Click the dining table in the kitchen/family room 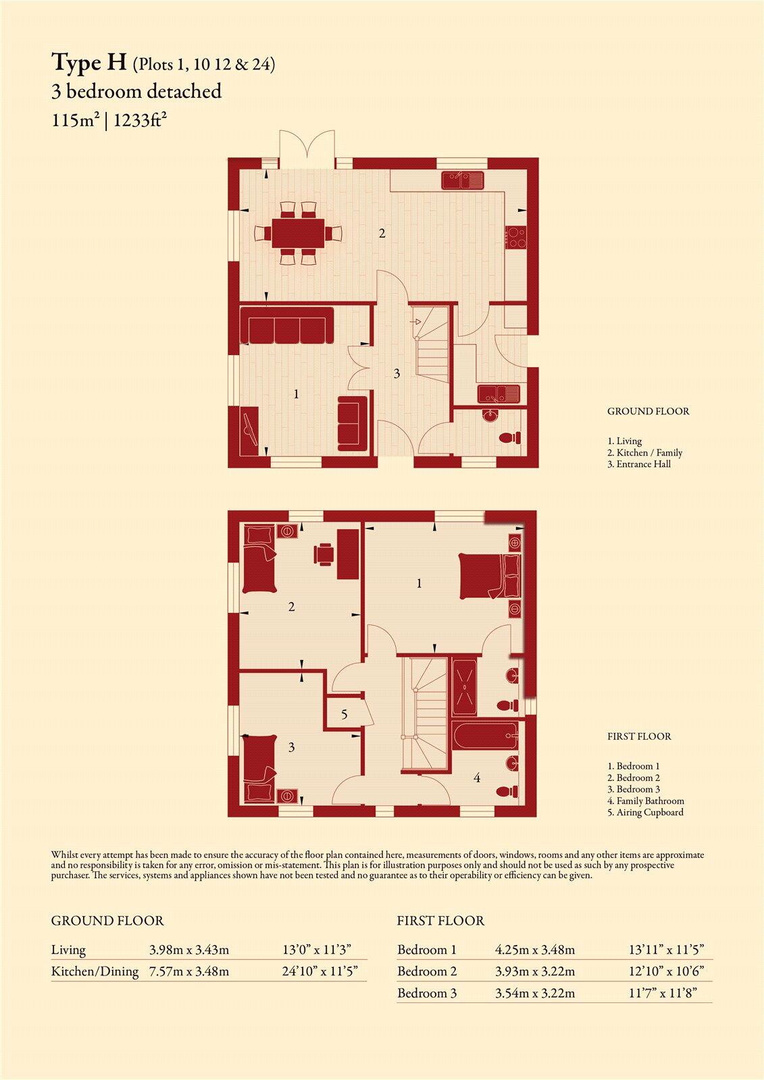[299, 233]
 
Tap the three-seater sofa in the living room [286, 325]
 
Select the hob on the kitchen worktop [516, 237]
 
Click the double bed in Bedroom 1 [489, 576]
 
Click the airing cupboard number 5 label [344, 714]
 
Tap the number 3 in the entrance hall [397, 374]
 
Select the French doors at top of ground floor [307, 149]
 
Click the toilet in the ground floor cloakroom [509, 438]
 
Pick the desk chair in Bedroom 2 [324, 554]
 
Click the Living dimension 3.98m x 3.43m [189, 950]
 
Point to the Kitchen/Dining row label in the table [95, 971]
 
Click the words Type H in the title [88, 63]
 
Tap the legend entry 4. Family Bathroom [646, 801]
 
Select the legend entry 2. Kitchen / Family [645, 453]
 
